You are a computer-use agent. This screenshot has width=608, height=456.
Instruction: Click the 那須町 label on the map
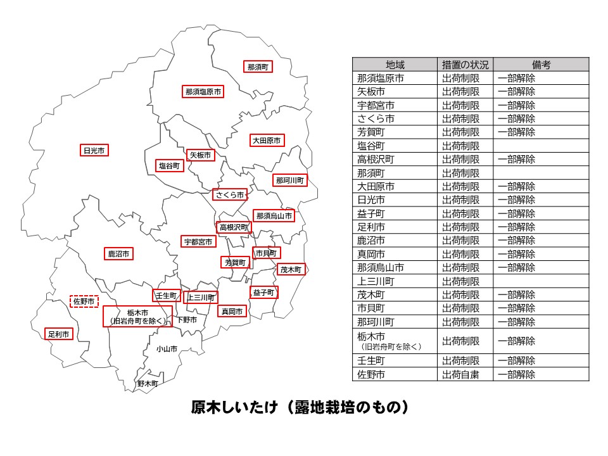(x=258, y=66)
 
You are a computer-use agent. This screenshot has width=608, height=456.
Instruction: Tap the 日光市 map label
(x=94, y=151)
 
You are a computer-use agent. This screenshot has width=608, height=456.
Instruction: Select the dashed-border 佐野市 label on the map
(x=84, y=301)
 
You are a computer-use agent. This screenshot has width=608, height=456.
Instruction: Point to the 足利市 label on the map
(x=58, y=334)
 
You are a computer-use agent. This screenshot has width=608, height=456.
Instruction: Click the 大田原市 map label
(x=266, y=141)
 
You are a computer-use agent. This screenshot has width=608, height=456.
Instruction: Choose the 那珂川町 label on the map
(x=290, y=180)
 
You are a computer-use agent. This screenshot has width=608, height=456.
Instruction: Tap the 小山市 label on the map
(x=167, y=349)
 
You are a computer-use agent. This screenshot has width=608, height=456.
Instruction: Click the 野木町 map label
(x=148, y=383)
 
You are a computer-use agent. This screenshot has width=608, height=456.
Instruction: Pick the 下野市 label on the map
(x=187, y=320)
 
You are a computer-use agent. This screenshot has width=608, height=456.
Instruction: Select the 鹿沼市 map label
(x=119, y=254)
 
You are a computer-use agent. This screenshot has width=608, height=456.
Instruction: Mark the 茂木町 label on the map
(x=291, y=269)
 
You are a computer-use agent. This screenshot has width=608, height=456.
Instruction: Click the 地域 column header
(x=395, y=65)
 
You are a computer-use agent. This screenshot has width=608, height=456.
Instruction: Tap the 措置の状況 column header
(x=465, y=65)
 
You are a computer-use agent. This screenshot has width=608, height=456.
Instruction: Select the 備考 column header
(x=541, y=65)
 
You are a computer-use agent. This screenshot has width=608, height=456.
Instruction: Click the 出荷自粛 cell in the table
(x=460, y=374)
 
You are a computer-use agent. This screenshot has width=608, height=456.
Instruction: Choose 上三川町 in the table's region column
(x=376, y=281)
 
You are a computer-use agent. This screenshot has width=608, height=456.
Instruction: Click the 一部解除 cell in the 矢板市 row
(x=516, y=92)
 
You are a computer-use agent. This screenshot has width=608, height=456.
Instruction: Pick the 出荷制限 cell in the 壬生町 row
(x=460, y=360)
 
